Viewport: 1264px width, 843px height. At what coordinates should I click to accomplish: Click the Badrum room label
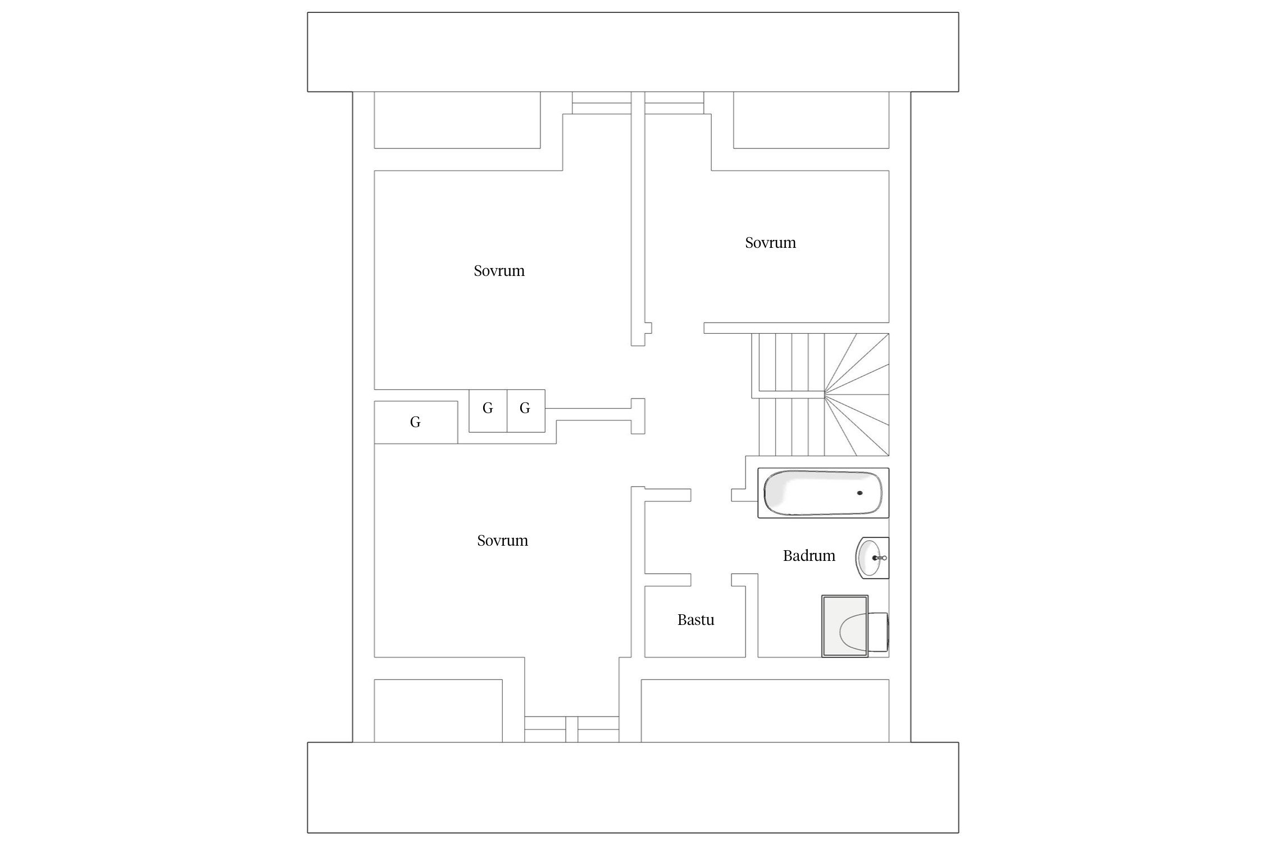point(809,556)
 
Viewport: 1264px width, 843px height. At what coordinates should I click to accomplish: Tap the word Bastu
point(695,620)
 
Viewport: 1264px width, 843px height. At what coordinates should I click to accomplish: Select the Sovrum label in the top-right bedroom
point(770,243)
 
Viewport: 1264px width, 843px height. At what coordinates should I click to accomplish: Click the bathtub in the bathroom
point(823,493)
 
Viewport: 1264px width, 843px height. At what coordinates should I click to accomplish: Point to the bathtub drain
point(860,493)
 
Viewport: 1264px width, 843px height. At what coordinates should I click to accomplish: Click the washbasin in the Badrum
point(872,558)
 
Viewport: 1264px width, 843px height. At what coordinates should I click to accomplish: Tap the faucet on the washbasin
point(879,558)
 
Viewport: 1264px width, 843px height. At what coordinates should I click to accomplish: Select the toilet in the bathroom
point(855,626)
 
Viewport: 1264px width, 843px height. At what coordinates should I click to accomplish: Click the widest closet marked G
point(416,422)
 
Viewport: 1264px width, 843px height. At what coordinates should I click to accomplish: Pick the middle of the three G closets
point(488,411)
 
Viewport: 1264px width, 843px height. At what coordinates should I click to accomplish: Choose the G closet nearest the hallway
point(526,411)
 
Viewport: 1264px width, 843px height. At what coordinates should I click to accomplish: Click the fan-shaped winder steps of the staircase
point(857,395)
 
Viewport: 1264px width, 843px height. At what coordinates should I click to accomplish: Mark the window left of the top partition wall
point(602,103)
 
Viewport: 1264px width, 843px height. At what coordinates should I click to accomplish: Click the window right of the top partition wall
point(674,103)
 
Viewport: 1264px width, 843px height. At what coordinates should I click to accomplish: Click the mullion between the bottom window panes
point(571,729)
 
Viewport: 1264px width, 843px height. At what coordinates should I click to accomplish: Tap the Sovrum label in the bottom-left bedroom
point(503,541)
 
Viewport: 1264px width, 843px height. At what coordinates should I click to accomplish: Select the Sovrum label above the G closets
point(499,271)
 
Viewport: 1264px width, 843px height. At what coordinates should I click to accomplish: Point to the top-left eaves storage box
point(457,120)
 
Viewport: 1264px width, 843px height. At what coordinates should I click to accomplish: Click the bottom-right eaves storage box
point(765,710)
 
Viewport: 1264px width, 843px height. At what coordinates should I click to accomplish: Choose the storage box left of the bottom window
point(438,710)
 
